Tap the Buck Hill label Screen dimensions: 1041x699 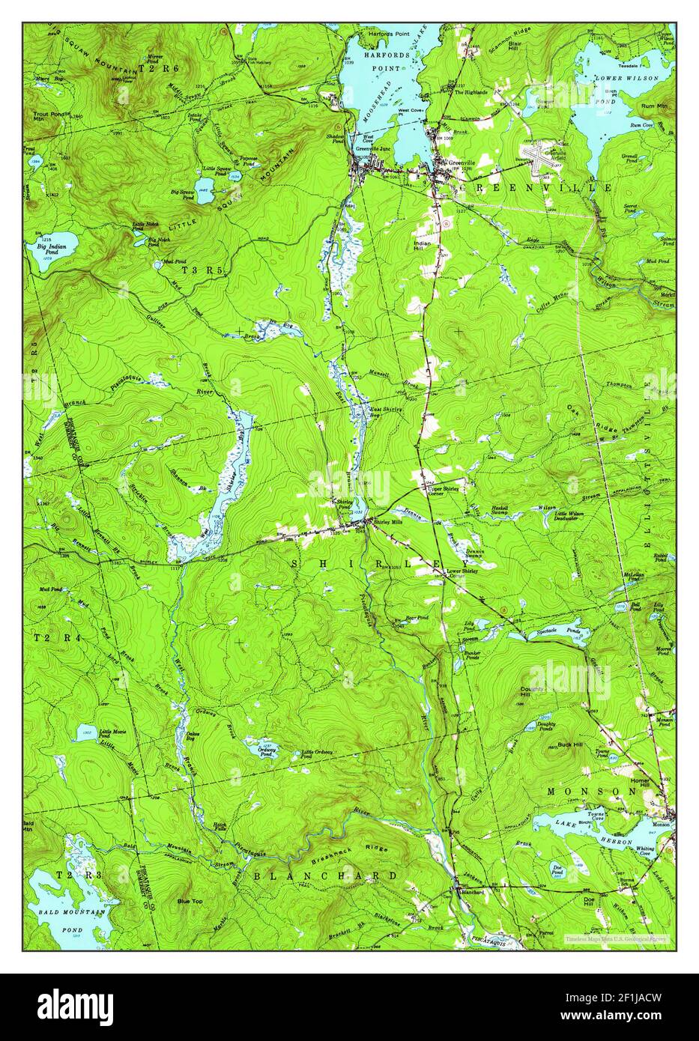(549, 743)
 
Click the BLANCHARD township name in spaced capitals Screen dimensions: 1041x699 (324, 875)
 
